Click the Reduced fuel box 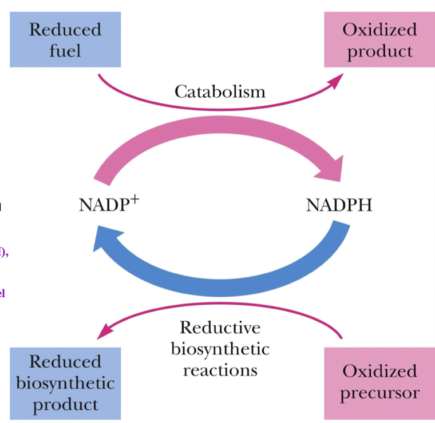tap(65, 39)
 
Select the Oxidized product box tap(379, 39)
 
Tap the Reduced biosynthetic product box tap(65, 382)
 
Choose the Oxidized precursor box tap(379, 382)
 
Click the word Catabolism tap(220, 91)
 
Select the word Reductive tap(220, 328)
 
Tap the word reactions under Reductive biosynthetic tap(220, 370)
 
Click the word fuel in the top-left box tap(65, 50)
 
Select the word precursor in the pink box tap(379, 393)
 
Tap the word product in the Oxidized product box tap(379, 50)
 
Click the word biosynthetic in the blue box tap(65, 382)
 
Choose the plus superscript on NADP tap(135, 198)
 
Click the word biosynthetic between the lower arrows tap(220, 349)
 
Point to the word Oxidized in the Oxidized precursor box tap(379, 371)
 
